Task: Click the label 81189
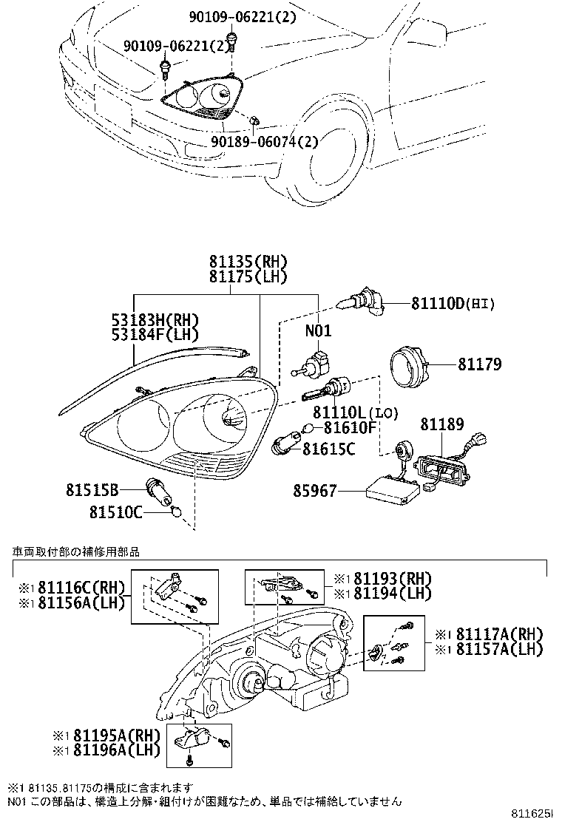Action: (x=442, y=424)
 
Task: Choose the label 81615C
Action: (x=330, y=447)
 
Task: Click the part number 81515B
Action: (x=92, y=489)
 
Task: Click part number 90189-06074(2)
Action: (x=264, y=141)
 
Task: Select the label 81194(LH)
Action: (x=381, y=593)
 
